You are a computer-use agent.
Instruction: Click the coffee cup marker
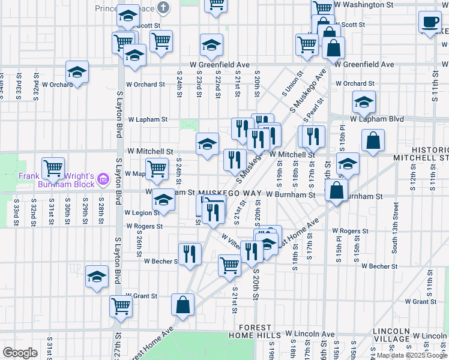tap(430, 22)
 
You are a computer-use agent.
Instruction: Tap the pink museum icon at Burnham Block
tap(103, 179)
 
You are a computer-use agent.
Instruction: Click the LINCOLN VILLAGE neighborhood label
tap(391, 335)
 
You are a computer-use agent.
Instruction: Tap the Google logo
tap(20, 353)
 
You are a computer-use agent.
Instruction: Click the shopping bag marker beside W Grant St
tap(182, 304)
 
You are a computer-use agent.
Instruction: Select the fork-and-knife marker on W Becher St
tap(190, 253)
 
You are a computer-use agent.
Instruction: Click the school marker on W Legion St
tap(163, 200)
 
